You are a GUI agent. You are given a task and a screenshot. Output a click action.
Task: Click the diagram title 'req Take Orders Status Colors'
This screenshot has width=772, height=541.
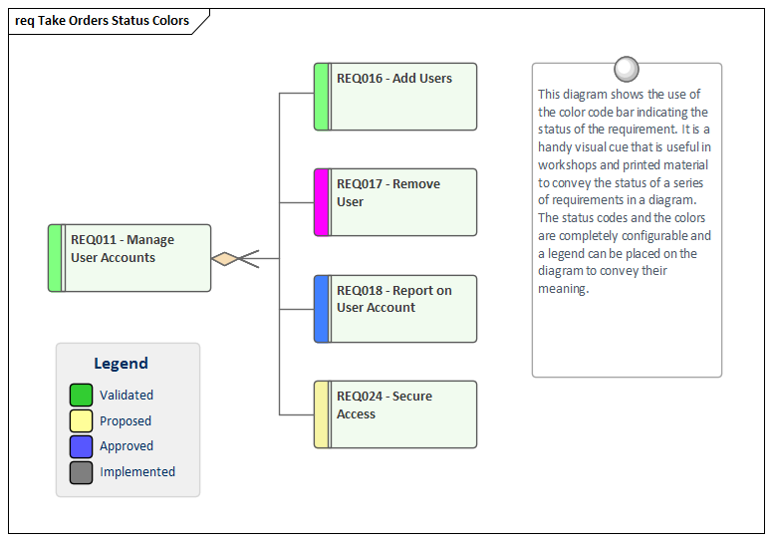click(102, 20)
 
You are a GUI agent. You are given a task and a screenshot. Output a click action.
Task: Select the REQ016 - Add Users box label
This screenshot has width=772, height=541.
click(393, 79)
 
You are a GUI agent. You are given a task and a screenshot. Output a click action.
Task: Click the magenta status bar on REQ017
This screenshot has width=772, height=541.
click(321, 202)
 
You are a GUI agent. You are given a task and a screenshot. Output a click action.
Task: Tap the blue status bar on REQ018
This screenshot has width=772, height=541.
click(321, 309)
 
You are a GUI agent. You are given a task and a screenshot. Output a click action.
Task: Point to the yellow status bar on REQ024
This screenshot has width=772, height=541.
click(321, 414)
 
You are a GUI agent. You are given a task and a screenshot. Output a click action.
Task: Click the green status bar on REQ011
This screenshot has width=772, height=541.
click(55, 258)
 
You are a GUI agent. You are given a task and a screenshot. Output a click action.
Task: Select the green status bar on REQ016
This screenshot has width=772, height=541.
click(321, 97)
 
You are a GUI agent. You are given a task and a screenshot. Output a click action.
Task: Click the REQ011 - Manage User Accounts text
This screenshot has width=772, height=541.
click(122, 249)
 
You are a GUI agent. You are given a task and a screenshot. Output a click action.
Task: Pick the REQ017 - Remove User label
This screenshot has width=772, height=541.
click(387, 193)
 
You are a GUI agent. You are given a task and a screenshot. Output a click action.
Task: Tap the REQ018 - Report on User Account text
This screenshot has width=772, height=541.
click(393, 299)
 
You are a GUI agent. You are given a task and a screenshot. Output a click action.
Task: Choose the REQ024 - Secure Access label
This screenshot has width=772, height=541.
click(384, 405)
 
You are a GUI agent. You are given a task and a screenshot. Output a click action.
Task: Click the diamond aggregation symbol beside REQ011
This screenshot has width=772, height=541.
click(225, 258)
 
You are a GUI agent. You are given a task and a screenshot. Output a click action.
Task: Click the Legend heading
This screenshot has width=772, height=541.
click(121, 364)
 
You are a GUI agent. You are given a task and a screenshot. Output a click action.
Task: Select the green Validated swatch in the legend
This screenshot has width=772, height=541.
click(82, 396)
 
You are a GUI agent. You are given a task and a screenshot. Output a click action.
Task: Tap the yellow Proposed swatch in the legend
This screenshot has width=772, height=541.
click(82, 421)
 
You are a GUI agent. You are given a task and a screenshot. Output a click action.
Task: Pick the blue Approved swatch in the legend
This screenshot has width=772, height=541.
click(82, 446)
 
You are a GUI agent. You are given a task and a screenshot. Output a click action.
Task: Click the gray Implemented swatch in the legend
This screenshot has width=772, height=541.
click(82, 472)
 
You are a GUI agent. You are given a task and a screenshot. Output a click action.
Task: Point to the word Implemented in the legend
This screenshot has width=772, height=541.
click(137, 472)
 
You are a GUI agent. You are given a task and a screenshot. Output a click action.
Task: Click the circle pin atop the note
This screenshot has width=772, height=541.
click(627, 69)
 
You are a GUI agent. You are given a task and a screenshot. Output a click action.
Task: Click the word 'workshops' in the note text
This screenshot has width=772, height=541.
click(569, 164)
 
